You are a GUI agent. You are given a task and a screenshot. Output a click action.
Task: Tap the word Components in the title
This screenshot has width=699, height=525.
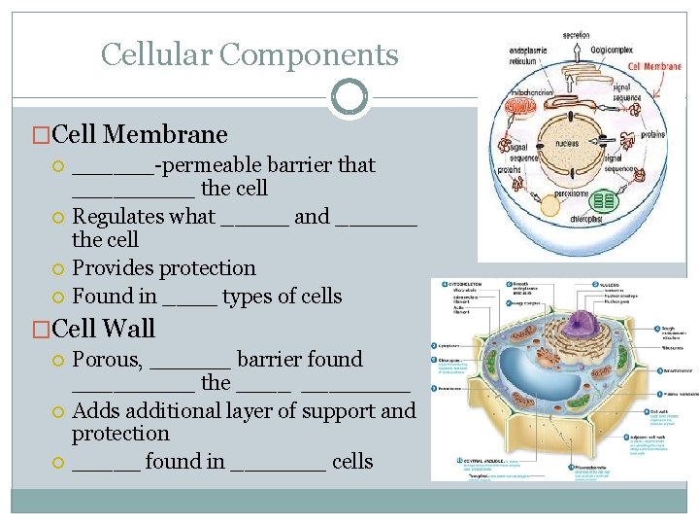(309, 54)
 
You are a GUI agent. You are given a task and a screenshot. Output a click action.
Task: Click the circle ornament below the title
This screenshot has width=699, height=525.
(349, 97)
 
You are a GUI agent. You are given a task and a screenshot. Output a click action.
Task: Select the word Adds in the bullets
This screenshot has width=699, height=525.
(95, 410)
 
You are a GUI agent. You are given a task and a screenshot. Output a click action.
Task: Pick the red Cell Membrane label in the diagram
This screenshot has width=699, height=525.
(655, 67)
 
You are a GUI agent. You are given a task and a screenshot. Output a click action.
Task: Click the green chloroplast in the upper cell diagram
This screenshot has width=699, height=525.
(605, 202)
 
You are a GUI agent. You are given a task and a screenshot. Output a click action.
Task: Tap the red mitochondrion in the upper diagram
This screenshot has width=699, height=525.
(521, 105)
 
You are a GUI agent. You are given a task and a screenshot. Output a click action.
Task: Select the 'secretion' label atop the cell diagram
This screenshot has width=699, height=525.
(576, 35)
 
